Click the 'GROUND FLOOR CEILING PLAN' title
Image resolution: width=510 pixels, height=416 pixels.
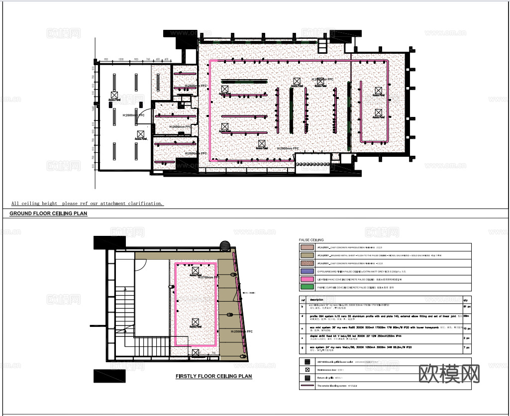48,213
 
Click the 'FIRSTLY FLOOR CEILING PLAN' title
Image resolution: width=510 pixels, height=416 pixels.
213,377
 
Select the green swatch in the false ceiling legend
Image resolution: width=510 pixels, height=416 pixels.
307,287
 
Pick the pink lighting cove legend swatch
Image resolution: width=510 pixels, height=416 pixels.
307,279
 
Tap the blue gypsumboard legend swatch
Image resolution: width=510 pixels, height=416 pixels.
307,271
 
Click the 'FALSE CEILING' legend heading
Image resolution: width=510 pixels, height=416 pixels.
311,240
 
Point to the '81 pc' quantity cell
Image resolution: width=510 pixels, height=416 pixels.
466,307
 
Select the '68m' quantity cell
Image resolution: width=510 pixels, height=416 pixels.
466,316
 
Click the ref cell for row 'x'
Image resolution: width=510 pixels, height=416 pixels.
302,337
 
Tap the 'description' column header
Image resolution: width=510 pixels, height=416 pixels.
317,300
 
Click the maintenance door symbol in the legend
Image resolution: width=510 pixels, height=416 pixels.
307,370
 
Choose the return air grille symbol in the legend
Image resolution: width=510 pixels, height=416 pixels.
307,378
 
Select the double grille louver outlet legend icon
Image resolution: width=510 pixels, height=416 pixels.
307,361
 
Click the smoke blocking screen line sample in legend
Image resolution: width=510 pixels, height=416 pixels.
307,386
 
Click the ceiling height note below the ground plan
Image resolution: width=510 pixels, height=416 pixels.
87,204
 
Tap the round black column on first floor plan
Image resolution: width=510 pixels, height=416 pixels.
225,245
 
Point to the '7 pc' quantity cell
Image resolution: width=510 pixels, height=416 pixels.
466,347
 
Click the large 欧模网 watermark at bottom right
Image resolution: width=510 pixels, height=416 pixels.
449,374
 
